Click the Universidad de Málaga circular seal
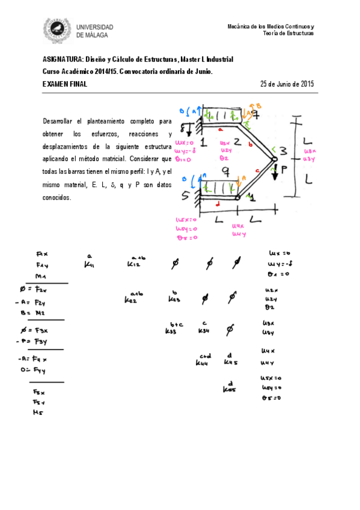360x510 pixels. [58, 31]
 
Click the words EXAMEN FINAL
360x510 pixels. [65, 84]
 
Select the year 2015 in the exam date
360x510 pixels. [307, 84]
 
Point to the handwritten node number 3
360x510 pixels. [284, 150]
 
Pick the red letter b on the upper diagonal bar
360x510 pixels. [249, 144]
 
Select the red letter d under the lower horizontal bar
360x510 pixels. [216, 203]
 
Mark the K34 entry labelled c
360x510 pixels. [204, 330]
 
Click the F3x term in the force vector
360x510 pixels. [41, 330]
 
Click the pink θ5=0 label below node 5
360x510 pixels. [187, 238]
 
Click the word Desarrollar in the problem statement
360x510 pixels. [61, 120]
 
